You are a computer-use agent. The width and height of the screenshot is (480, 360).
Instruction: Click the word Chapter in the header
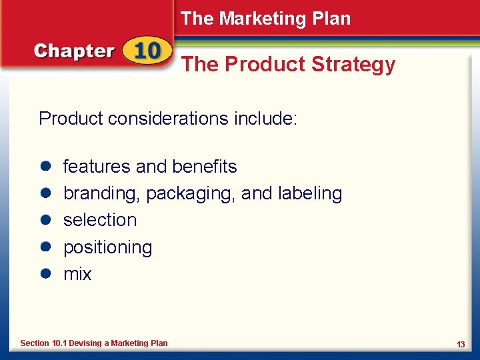[x=74, y=51]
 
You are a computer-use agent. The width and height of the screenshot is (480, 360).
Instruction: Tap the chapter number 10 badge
[x=145, y=51]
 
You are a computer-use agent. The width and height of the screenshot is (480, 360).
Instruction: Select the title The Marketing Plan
[x=265, y=19]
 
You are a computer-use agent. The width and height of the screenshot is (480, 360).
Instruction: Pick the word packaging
[x=190, y=194]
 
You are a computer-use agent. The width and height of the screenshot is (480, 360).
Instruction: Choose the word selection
[x=99, y=220]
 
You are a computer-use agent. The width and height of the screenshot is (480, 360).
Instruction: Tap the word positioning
[x=107, y=248]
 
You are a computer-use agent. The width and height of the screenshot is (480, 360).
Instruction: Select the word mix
[x=77, y=274]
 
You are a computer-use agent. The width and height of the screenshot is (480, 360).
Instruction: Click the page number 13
[x=461, y=344]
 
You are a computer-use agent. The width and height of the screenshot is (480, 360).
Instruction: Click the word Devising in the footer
[x=85, y=343]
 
